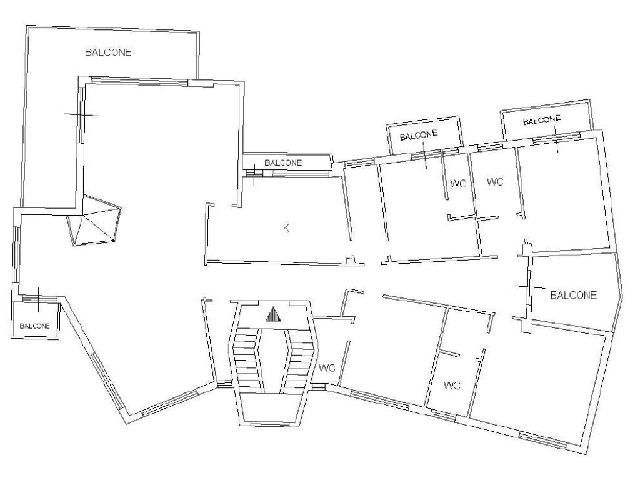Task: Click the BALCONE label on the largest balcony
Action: tap(108, 52)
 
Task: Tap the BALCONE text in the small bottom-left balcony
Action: tap(35, 326)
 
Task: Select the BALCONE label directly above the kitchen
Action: tap(283, 163)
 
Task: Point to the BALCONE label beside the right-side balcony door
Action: tap(574, 295)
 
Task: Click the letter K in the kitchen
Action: tap(286, 227)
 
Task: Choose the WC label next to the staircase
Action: tap(327, 369)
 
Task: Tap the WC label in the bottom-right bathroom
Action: tap(452, 386)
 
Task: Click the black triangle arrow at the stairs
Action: tap(274, 315)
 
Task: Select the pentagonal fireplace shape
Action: tap(94, 221)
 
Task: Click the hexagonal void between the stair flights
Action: tap(274, 360)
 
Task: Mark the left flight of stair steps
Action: tap(246, 359)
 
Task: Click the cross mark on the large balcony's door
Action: tap(81, 116)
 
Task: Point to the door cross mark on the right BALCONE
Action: tap(529, 287)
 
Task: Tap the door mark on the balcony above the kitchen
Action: tap(254, 174)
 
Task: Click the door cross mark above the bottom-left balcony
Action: tap(38, 299)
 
